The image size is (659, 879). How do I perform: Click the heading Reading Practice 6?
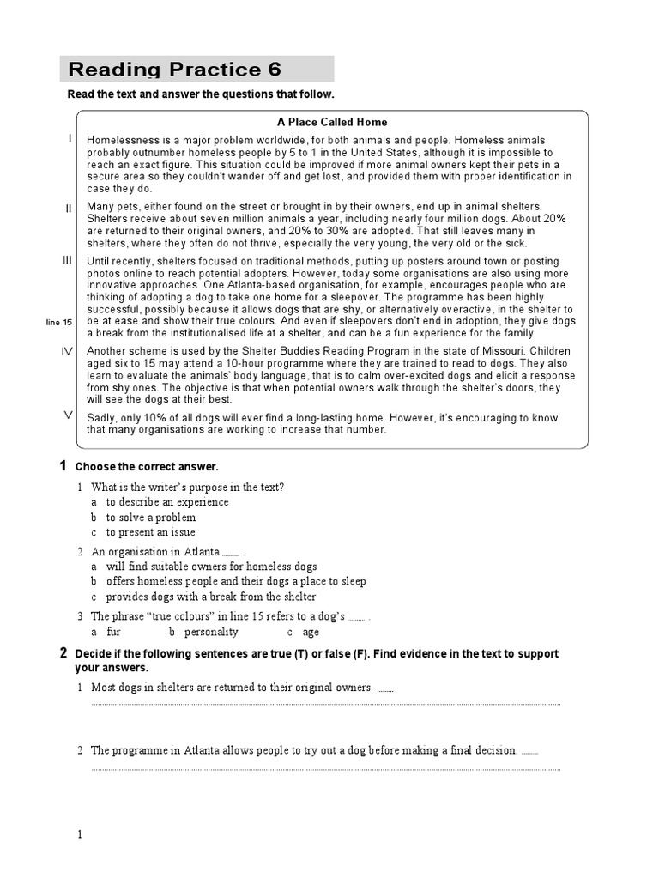174,70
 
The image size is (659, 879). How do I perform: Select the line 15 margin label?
59,322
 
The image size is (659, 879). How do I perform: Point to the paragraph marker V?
68,415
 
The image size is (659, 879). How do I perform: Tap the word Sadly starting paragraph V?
100,418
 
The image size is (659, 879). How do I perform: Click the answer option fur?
113,632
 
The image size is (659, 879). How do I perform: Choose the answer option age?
311,632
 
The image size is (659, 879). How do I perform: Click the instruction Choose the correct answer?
147,467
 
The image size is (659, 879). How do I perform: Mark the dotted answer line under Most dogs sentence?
326,704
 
